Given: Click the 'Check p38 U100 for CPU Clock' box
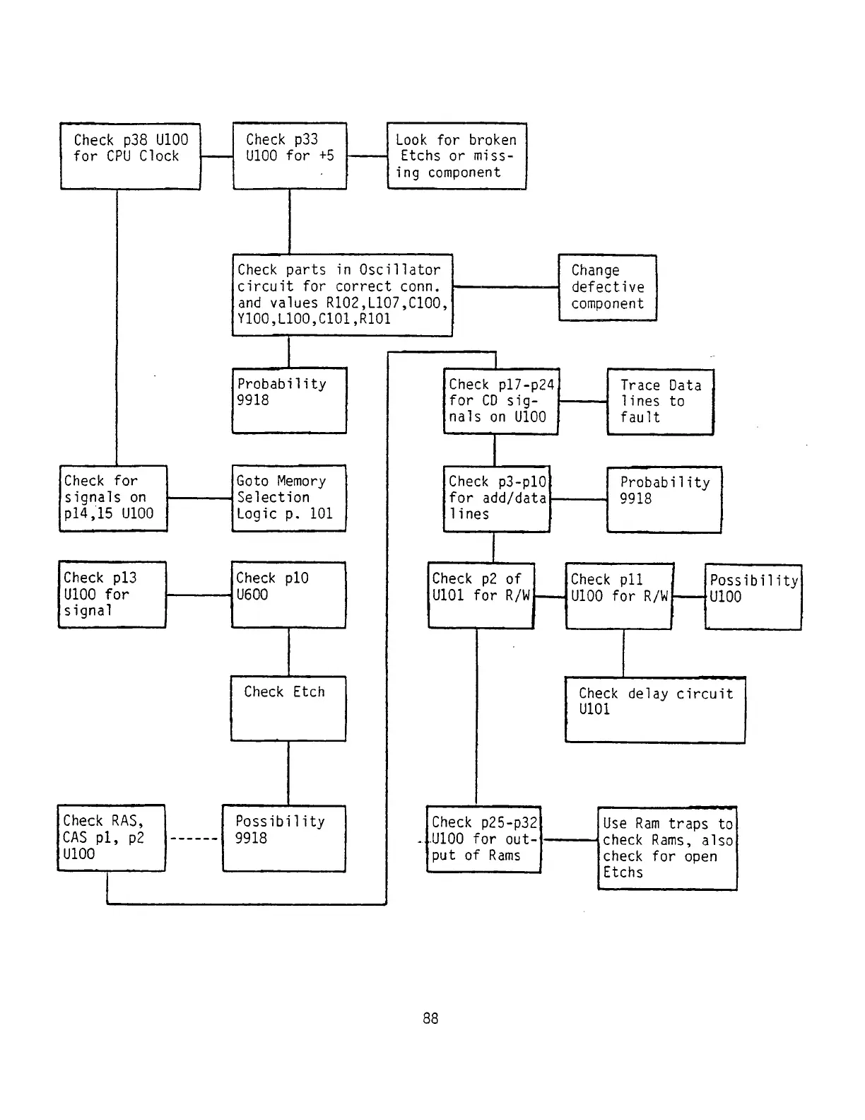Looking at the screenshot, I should coord(130,156).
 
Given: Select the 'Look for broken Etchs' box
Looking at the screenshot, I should coord(457,156).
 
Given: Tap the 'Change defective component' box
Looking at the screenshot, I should coord(607,288).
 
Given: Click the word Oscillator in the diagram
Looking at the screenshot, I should coord(399,269).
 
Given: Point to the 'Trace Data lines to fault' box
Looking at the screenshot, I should coord(660,402).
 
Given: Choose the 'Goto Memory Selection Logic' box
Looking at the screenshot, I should coord(288,498).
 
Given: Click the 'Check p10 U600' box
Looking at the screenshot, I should coord(288,595).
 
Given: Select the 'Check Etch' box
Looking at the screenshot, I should coord(288,708).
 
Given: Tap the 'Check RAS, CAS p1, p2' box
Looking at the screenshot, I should coord(111,838).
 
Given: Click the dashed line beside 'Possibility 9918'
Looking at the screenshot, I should coord(194,839).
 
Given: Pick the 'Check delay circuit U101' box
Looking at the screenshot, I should coord(654,710).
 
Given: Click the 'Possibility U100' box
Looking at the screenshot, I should coord(753,597).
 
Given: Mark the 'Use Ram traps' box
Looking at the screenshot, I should coord(667,848).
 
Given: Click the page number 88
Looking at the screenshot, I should coord(430,1018).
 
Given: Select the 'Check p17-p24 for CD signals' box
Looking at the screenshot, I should coord(500,401).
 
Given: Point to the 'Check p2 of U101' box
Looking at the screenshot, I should coord(481,595).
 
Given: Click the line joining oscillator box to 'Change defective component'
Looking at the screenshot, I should coord(505,287).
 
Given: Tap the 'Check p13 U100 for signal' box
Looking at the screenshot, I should coord(112,595).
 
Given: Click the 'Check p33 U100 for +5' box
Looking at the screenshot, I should coord(289,156).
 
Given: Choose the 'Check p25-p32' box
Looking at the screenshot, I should coord(483,839).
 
